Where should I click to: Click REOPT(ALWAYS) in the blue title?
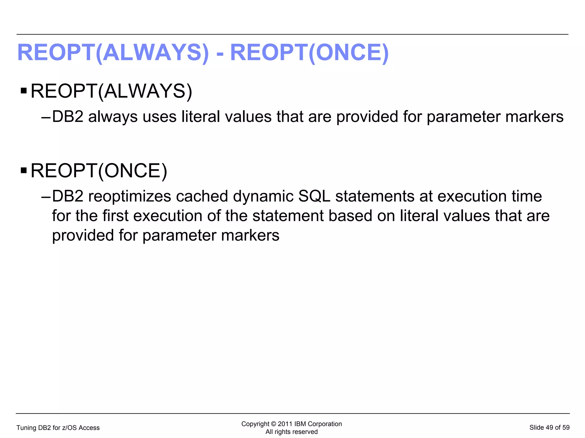113,53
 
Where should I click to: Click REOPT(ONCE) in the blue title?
309,53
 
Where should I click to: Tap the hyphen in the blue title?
220,54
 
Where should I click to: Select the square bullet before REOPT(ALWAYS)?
24,91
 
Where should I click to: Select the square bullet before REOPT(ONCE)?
24,171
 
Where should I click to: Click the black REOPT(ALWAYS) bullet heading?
111,91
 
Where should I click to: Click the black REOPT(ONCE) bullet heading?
99,171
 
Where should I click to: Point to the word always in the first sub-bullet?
113,117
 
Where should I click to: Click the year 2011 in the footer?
285,424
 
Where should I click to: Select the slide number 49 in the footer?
549,427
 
